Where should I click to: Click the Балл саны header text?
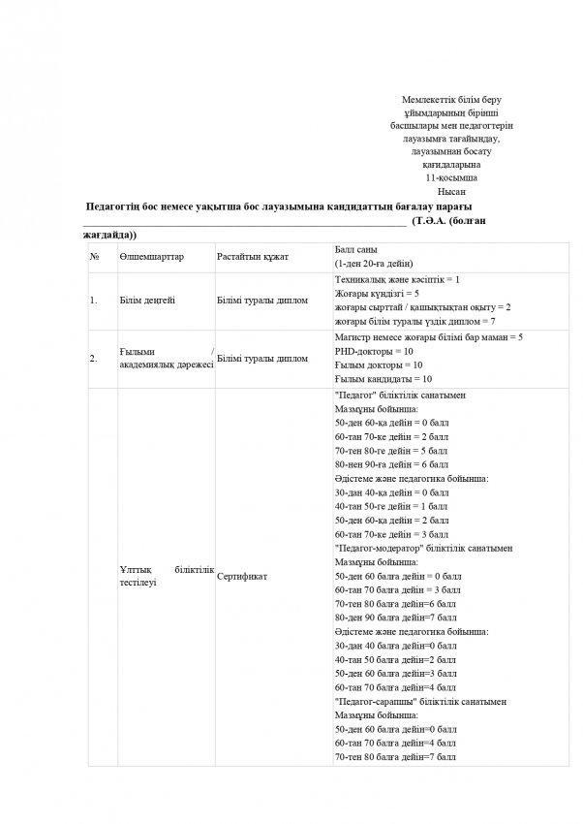tap(355, 249)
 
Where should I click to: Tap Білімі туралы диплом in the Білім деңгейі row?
tap(263, 300)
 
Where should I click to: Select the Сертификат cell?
tap(242, 576)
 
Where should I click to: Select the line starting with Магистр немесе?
tap(427, 336)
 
